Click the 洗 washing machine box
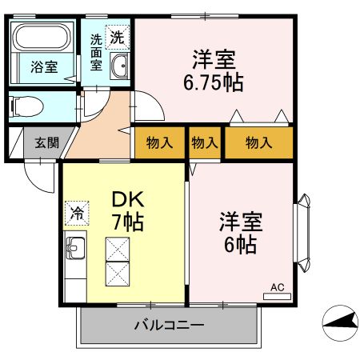point(117,37)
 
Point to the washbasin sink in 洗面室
point(120,67)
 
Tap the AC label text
point(278,286)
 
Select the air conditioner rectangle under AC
point(277,296)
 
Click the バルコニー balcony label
point(169,326)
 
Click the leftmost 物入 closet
point(160,143)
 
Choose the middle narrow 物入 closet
point(205,143)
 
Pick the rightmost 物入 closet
point(258,143)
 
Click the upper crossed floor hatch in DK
point(117,250)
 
